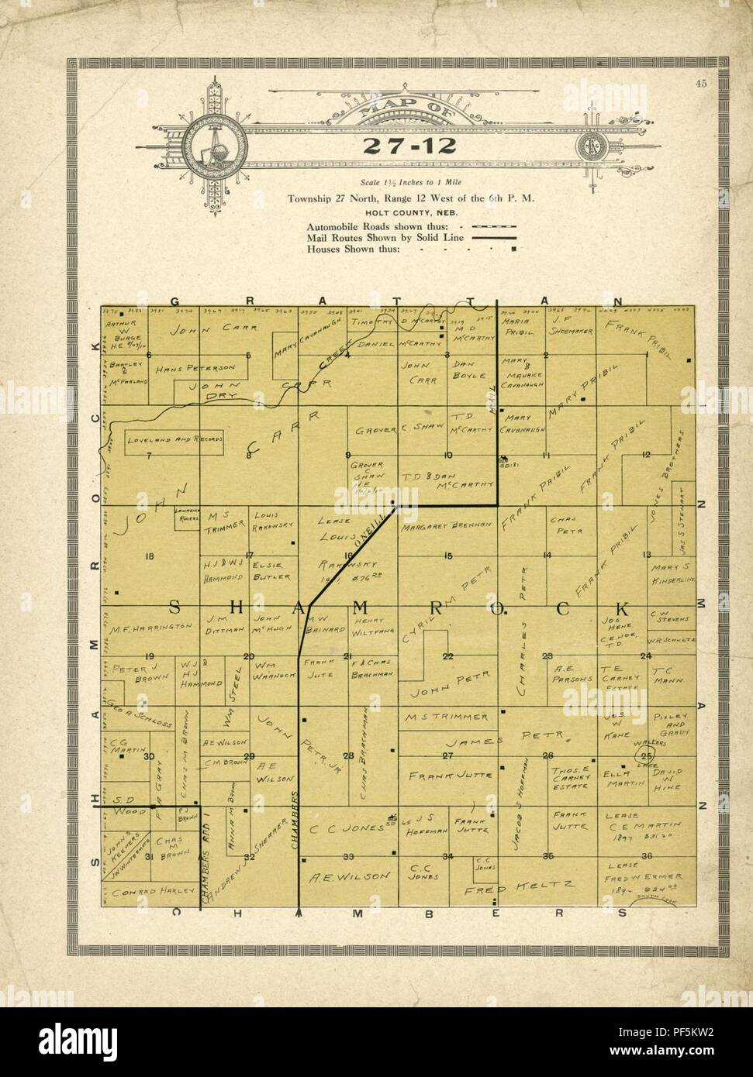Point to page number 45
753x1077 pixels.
point(700,85)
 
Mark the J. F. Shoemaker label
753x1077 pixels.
point(571,325)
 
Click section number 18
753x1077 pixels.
point(150,556)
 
